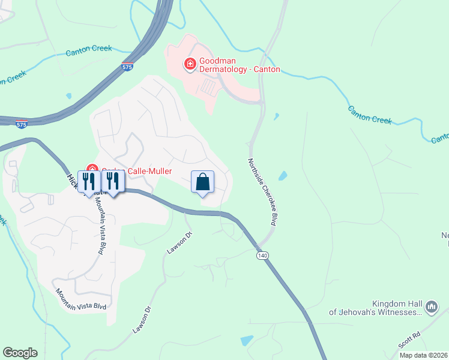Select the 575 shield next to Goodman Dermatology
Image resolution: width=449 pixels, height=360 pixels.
(127, 68)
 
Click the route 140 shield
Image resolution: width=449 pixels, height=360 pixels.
(262, 256)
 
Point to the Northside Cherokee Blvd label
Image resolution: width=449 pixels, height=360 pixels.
(262, 193)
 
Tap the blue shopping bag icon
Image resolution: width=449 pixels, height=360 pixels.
(202, 181)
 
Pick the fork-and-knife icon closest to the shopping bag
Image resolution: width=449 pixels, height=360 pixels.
(113, 181)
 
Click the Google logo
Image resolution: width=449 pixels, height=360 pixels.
(20, 353)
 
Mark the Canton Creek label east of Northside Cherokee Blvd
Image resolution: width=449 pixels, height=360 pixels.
(370, 115)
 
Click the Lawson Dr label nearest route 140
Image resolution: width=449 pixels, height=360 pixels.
(179, 243)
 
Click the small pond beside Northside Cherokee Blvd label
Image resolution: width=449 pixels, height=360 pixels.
(282, 177)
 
